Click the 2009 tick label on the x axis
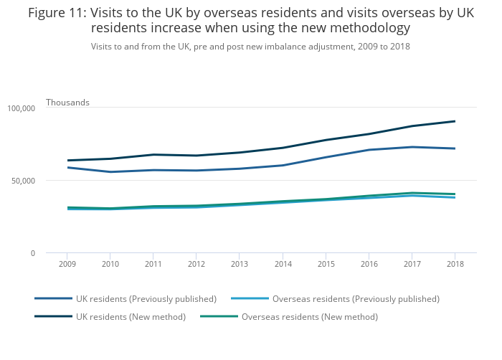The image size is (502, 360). [x=67, y=264]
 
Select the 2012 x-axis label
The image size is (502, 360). [x=196, y=264]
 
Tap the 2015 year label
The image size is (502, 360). [x=326, y=264]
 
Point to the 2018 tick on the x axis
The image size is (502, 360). [x=455, y=264]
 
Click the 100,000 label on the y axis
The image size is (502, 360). [x=22, y=108]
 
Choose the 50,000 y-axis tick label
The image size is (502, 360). [x=24, y=181]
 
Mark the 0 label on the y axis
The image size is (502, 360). [x=32, y=253]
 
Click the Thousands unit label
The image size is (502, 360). [x=67, y=103]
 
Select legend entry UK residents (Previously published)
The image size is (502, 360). [x=146, y=298]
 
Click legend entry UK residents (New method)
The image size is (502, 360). [x=131, y=316]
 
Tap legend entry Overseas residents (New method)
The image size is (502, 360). [x=309, y=316]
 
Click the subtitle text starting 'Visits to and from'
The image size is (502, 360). [x=250, y=46]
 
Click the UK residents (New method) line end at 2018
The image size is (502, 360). [x=455, y=121]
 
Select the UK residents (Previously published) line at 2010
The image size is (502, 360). [x=110, y=172]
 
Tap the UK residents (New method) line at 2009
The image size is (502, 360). [x=67, y=161]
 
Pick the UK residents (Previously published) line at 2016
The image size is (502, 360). [x=369, y=150]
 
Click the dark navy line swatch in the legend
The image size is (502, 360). [x=53, y=316]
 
